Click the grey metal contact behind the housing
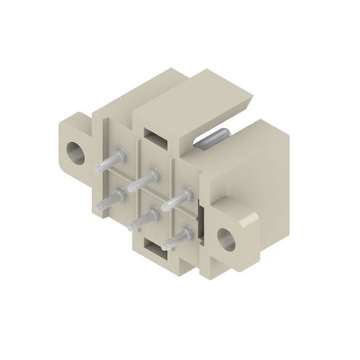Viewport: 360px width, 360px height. [215, 138]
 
